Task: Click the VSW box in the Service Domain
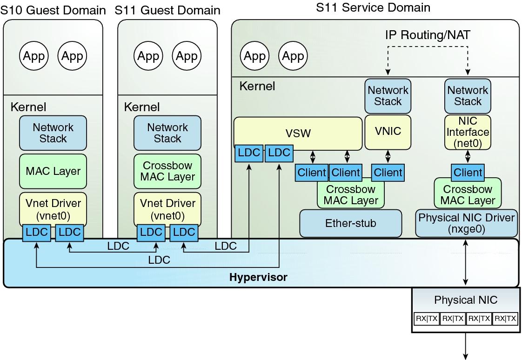[x=298, y=133]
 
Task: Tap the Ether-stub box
[x=350, y=223]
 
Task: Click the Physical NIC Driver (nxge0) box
[x=467, y=223]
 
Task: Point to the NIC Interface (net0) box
[x=468, y=133]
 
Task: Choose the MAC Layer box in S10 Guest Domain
[x=53, y=171]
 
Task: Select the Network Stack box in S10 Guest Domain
[x=53, y=133]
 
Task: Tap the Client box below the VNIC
[x=388, y=173]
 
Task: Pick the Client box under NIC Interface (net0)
[x=468, y=173]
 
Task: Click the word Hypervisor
[x=258, y=278]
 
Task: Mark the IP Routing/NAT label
[x=428, y=34]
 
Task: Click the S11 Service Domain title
[x=373, y=7]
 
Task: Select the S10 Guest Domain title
[x=53, y=10]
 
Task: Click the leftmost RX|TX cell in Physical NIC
[x=427, y=319]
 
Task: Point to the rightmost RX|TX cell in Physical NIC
[x=505, y=319]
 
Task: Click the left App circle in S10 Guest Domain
[x=34, y=56]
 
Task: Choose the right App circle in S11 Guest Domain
[x=187, y=56]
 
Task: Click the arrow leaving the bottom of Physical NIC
[x=466, y=346]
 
